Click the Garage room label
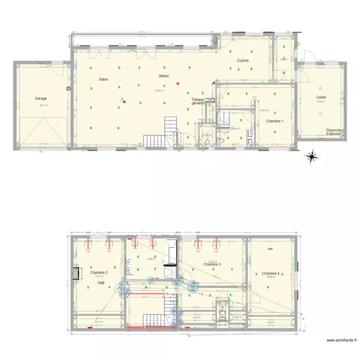point(41,98)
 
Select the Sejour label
point(165,76)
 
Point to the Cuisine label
point(242,60)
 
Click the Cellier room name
point(321,97)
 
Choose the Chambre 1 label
point(274,121)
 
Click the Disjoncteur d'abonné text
point(336,132)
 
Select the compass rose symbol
point(312,156)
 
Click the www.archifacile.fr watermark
point(341,341)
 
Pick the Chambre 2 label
point(98,273)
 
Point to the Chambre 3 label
point(212,264)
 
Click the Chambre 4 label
point(271,273)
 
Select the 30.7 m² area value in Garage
point(43,105)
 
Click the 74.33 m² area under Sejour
point(159,90)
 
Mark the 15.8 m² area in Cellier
point(320,101)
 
